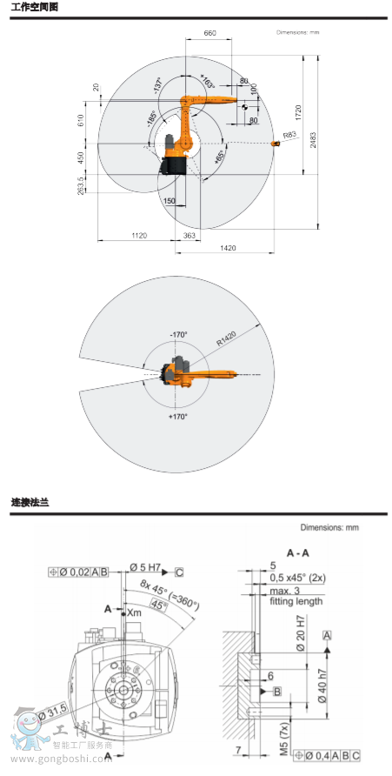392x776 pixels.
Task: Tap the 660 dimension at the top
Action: point(209,32)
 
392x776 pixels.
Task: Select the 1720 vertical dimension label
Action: point(298,111)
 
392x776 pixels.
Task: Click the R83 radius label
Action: point(289,135)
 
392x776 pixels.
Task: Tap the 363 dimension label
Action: point(190,236)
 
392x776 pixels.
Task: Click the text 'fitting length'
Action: point(296,601)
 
